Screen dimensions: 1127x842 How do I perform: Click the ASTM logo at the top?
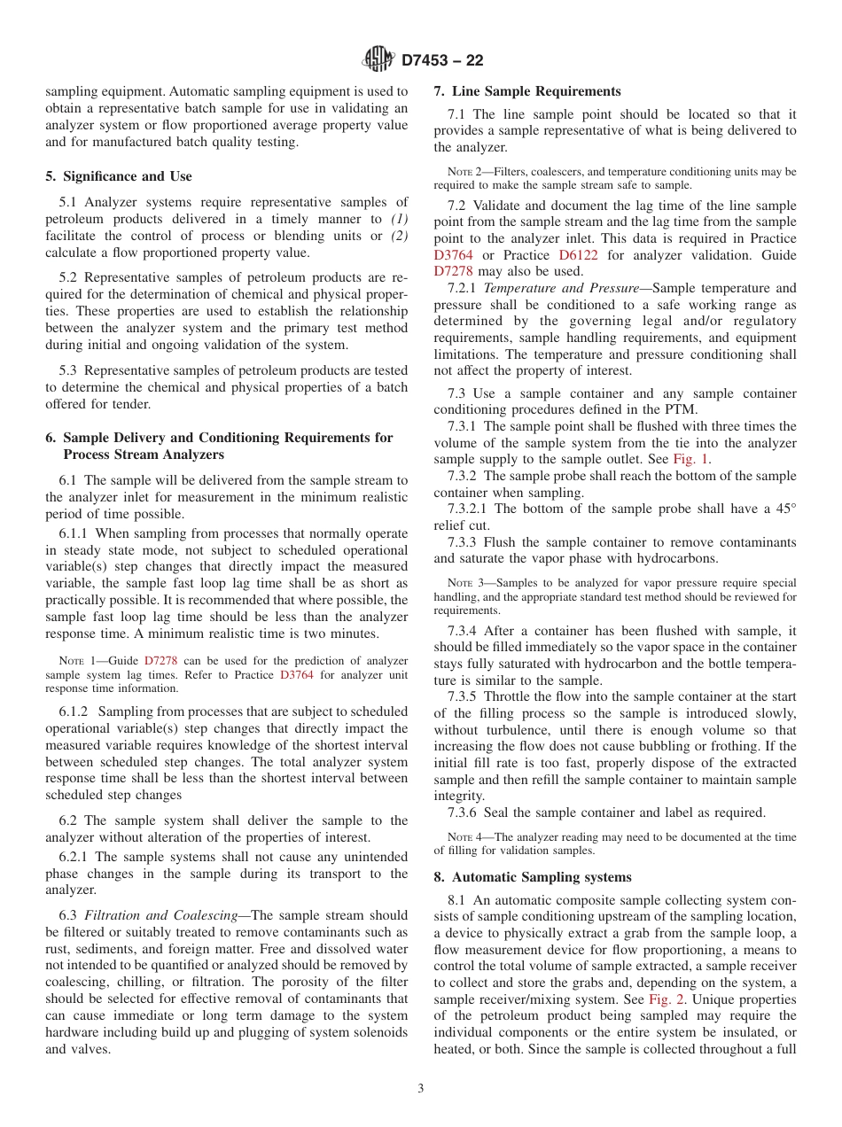(x=378, y=59)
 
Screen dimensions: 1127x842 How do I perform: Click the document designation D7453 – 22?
(x=442, y=60)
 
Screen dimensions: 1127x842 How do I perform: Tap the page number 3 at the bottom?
(x=421, y=1088)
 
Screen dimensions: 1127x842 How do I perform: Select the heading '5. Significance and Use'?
(x=119, y=176)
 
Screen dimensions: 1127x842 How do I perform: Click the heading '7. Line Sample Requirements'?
(x=527, y=91)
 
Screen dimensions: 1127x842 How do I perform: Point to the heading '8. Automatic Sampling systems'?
(x=533, y=877)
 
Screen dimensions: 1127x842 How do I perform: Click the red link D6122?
(x=579, y=255)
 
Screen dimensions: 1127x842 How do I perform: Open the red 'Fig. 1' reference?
(x=690, y=459)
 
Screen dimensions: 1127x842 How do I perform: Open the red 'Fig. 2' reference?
(x=667, y=999)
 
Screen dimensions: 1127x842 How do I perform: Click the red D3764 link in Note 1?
(x=297, y=674)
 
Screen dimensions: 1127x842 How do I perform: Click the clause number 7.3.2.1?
(x=469, y=509)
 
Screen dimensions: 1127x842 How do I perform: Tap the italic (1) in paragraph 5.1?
(x=400, y=219)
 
